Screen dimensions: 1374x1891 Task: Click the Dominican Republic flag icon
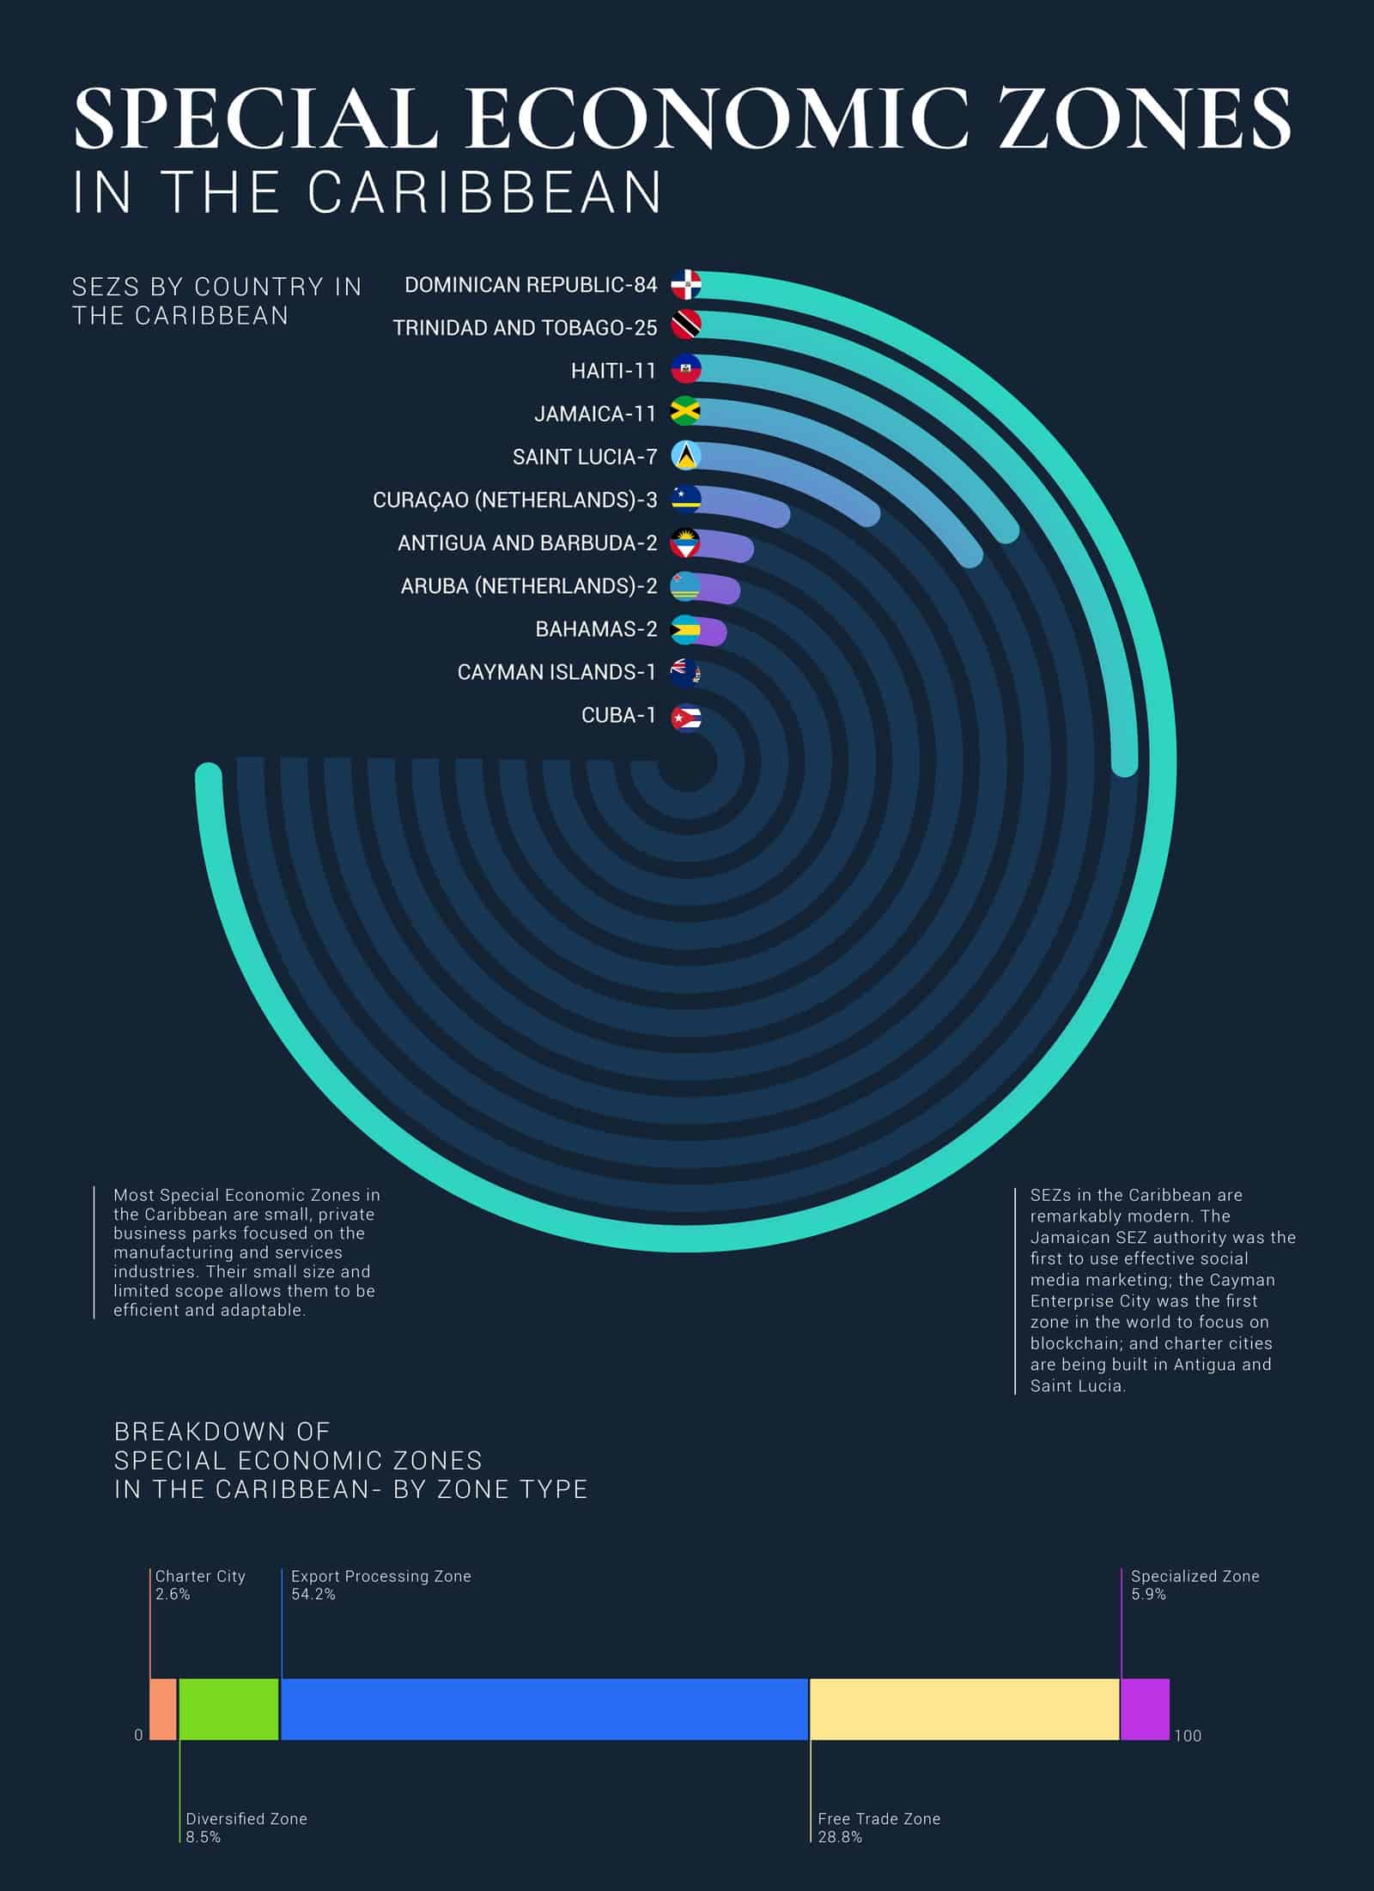pos(685,283)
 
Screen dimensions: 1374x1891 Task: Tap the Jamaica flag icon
pos(685,412)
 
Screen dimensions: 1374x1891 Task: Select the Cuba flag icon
pos(685,718)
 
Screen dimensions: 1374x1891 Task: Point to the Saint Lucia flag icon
pos(685,456)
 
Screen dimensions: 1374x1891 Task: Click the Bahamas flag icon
pos(685,631)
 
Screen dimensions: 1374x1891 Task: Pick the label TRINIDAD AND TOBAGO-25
pos(525,328)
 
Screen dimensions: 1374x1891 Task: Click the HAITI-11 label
pos(613,371)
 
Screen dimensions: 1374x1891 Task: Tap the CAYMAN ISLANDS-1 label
pos(556,672)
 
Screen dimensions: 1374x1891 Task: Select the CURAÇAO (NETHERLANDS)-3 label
pos(515,500)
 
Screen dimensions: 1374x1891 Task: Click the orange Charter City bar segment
pos(163,1709)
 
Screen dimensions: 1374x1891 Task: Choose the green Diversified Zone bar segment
pos(229,1709)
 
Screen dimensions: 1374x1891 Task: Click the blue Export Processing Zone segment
pos(544,1709)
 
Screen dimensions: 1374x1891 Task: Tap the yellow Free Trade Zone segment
pos(964,1709)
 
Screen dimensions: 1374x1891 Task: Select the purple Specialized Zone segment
pos(1146,1709)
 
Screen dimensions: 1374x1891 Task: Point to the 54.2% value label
pos(313,1595)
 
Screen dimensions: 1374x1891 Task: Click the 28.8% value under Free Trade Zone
pos(840,1837)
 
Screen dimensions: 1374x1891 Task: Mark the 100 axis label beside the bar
pos(1188,1736)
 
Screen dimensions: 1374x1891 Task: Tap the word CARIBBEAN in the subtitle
pos(484,191)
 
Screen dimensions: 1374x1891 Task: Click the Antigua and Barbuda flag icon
pos(685,543)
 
